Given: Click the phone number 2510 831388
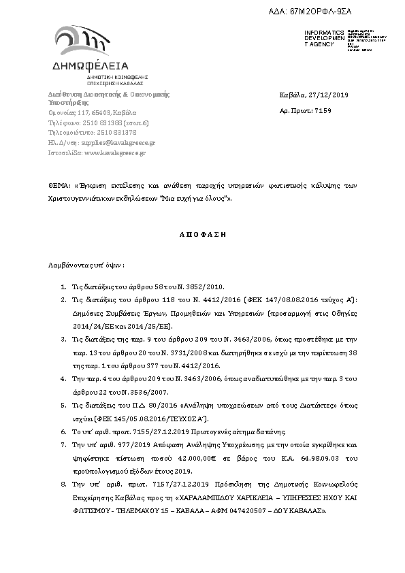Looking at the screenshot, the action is pyautogui.click(x=103, y=122).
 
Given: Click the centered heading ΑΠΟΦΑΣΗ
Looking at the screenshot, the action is pyautogui.click(x=201, y=233).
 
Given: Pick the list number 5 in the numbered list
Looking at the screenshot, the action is pyautogui.click(x=63, y=404).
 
